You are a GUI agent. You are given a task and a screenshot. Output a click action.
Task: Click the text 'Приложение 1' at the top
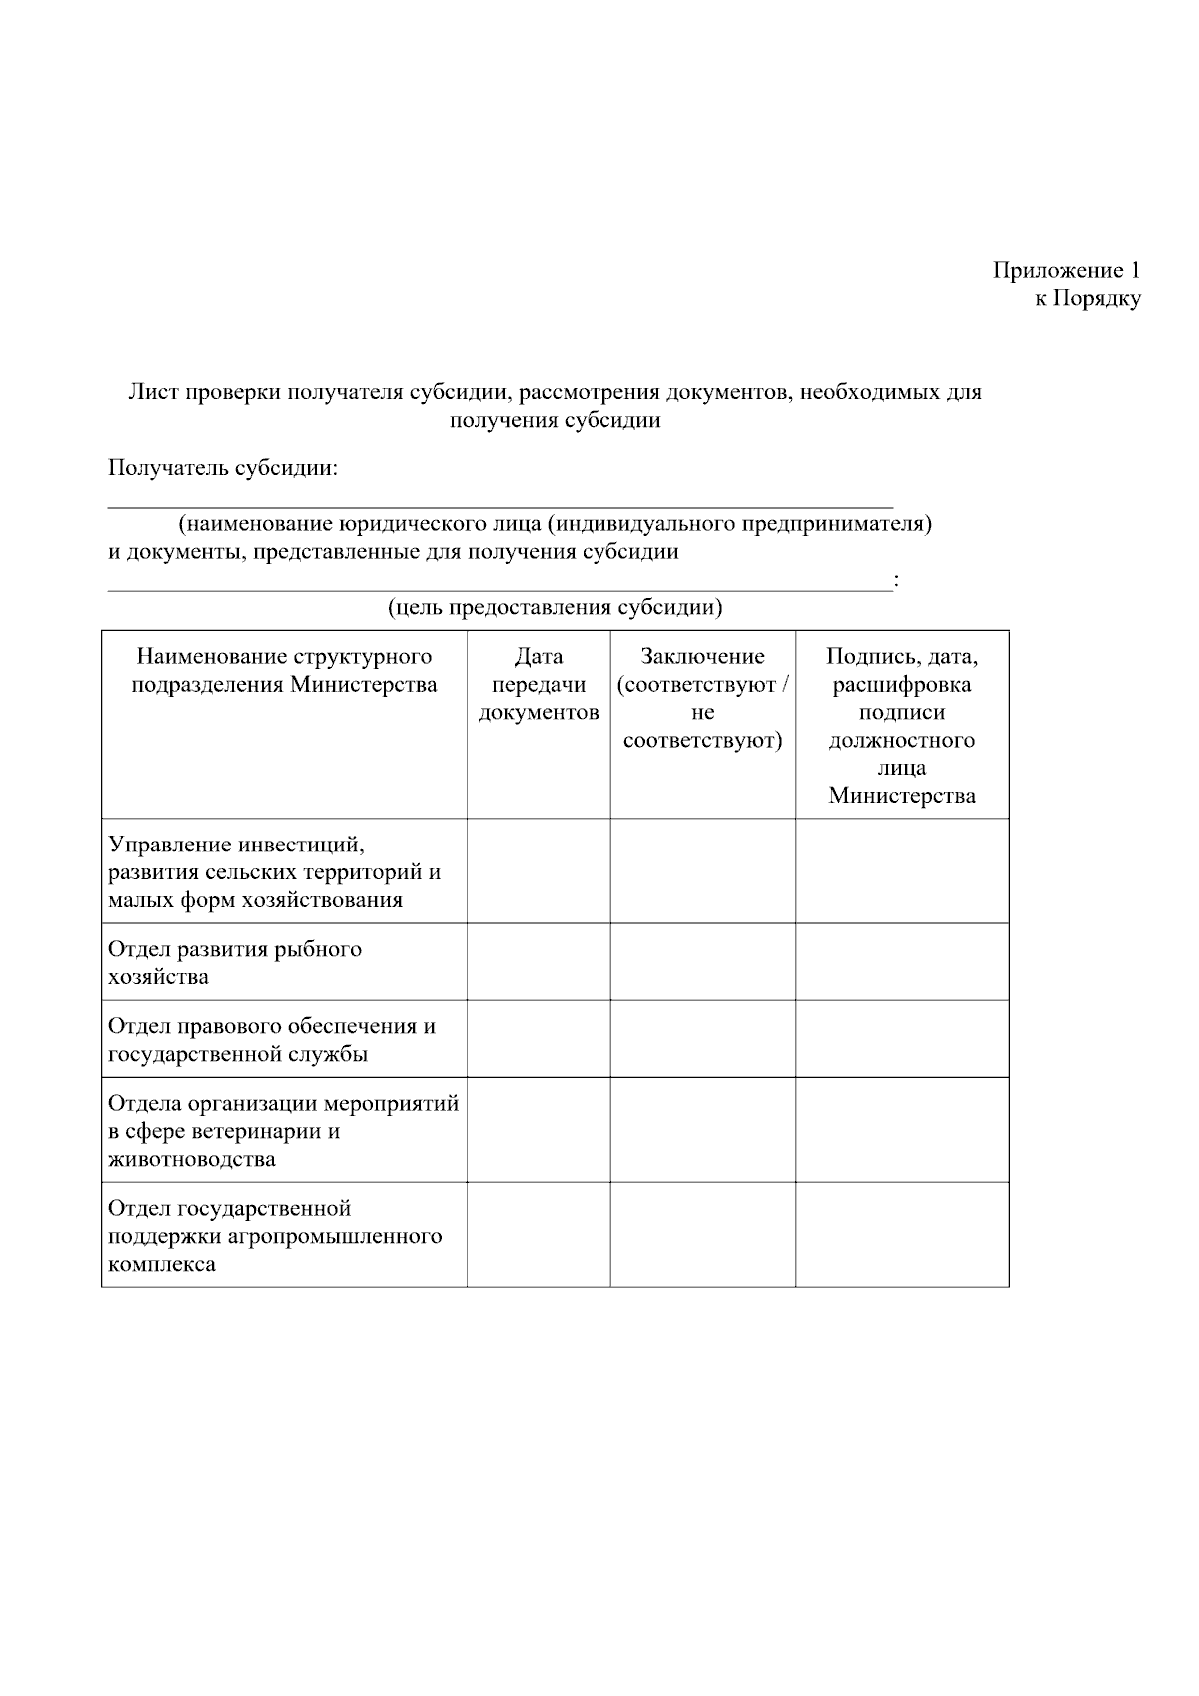coord(1066,270)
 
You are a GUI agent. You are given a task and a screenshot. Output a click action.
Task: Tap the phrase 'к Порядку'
coord(1087,298)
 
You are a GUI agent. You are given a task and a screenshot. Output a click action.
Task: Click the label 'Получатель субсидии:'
coord(223,468)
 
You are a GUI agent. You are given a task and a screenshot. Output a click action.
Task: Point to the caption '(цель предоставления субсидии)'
coord(555,607)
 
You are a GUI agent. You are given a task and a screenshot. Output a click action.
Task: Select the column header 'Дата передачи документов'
coord(539,685)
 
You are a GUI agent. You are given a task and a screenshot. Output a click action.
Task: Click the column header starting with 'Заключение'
coord(703,698)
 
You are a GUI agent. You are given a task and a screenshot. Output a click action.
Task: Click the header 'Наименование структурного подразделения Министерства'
coord(284,671)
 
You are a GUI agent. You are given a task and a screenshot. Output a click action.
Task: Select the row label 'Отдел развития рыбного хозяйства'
coord(235,962)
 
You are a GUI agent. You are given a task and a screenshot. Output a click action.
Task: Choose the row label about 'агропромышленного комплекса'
coord(275,1236)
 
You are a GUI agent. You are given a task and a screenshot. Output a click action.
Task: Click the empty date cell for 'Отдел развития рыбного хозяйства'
coord(539,962)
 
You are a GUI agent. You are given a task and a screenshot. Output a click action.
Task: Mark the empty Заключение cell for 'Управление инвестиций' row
coord(703,871)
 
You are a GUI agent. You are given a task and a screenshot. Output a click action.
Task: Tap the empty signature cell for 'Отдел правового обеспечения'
coord(902,1040)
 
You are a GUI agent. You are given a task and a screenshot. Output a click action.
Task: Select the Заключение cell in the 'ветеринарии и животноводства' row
coord(703,1131)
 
